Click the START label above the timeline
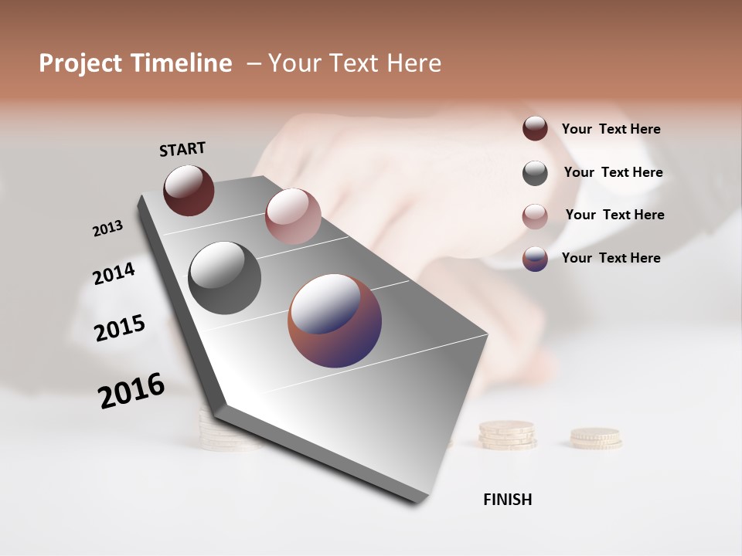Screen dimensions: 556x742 click(182, 148)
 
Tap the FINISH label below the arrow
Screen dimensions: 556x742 click(507, 500)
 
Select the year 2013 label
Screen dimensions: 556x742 click(108, 228)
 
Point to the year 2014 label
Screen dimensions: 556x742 click(114, 273)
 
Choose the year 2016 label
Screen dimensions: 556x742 click(131, 391)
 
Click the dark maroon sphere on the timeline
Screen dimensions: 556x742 click(189, 190)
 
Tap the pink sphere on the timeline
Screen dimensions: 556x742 click(293, 216)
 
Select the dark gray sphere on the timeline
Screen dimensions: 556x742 click(224, 278)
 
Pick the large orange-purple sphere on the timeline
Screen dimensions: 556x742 click(335, 320)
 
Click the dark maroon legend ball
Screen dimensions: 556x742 click(535, 128)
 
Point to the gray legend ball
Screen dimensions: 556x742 click(535, 173)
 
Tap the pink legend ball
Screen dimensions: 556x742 click(535, 216)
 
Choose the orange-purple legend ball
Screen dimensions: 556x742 click(535, 259)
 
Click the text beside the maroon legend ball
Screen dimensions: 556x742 click(611, 130)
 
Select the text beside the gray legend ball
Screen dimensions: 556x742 click(613, 172)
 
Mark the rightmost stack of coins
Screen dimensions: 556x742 click(595, 438)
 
